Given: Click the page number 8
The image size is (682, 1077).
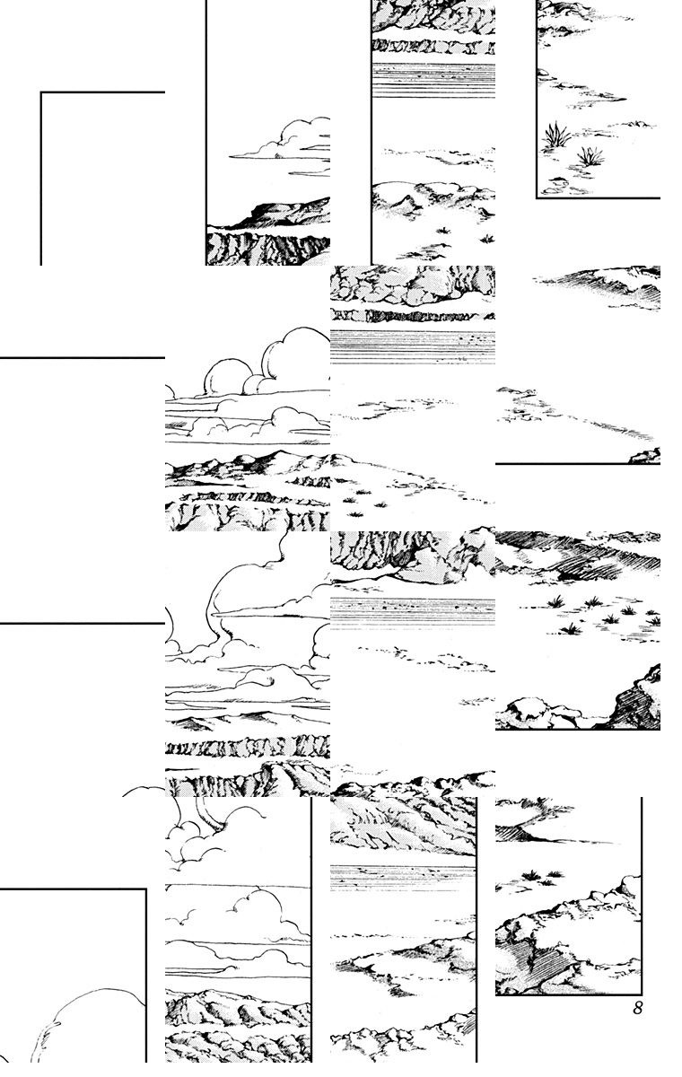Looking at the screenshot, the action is click(x=638, y=1008).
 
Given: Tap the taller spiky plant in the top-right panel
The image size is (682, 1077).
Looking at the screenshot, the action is click(x=556, y=134).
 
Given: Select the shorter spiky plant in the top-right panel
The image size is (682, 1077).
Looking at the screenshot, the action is click(x=590, y=156).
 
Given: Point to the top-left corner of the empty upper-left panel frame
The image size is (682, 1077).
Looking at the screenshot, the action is click(x=41, y=92).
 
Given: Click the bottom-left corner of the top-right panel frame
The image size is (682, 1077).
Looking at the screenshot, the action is click(x=537, y=197).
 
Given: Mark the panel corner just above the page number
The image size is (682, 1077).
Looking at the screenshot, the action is click(x=642, y=994).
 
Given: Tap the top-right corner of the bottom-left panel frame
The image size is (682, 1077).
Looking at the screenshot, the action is click(x=145, y=889).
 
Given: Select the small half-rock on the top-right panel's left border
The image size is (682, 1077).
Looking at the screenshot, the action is click(x=543, y=72).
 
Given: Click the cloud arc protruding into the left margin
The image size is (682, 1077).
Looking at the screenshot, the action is click(x=144, y=791).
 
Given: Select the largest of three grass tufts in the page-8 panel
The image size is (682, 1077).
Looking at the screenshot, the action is click(x=532, y=875).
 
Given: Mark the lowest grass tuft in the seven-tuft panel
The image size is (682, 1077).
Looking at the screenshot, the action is click(x=571, y=628).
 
